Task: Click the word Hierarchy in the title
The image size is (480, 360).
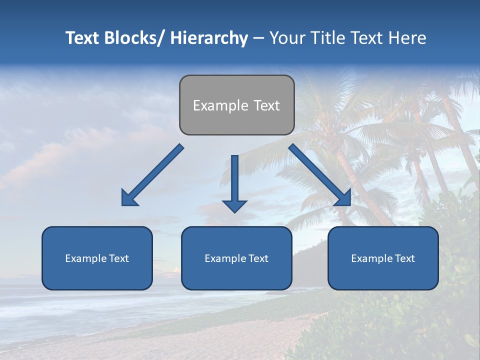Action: click(209, 38)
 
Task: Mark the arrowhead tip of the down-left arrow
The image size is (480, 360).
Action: click(123, 204)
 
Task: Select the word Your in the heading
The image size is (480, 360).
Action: click(286, 38)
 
